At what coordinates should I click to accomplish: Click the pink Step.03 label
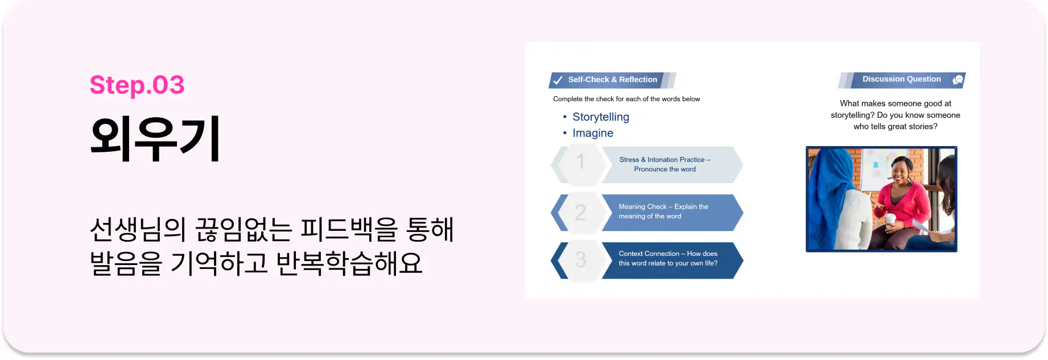tap(137, 85)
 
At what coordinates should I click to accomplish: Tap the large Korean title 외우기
tap(155, 139)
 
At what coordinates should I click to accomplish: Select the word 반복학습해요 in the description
tap(349, 263)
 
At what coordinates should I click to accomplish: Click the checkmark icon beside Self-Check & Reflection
tap(558, 80)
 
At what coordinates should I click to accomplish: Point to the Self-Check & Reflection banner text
tap(613, 80)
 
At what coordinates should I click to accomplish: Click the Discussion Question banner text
tap(902, 79)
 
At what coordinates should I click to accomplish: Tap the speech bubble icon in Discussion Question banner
tap(958, 80)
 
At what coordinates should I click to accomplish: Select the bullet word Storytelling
tap(601, 117)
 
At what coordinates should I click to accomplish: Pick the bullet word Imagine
tap(593, 133)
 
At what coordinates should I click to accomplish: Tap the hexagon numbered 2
tap(580, 212)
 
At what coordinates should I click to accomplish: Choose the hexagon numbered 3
tap(580, 260)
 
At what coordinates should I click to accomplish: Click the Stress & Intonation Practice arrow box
tap(671, 164)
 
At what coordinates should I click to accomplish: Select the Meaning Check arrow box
tap(671, 212)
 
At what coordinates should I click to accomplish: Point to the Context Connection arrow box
tap(671, 260)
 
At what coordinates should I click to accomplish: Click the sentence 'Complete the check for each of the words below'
tap(626, 99)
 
